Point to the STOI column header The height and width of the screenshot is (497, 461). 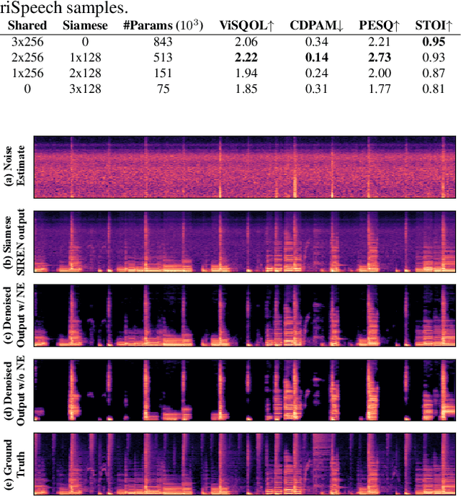pos(434,26)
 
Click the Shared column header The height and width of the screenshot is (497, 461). pos(27,26)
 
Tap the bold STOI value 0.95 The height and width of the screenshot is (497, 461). pos(434,41)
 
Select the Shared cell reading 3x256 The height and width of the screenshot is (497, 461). pos(27,41)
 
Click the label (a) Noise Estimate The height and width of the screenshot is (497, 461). pos(16,167)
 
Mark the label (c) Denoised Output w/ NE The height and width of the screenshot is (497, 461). pos(16,316)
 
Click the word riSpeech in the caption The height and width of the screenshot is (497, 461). pos(28,8)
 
